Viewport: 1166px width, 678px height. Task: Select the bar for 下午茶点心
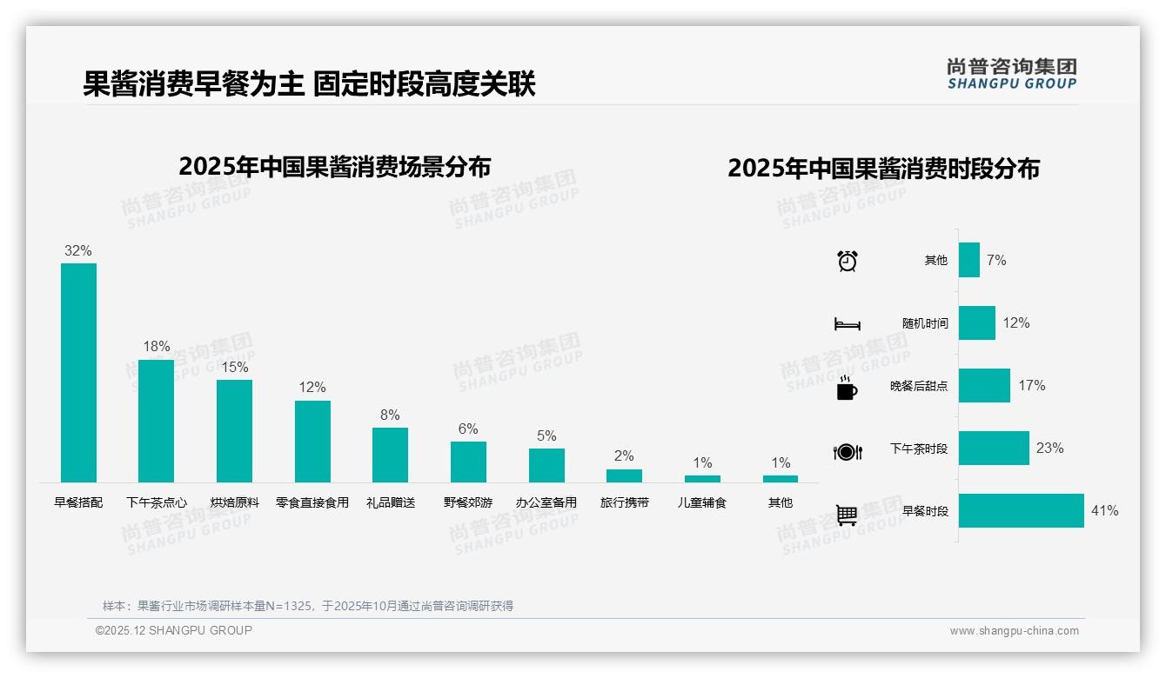pos(157,421)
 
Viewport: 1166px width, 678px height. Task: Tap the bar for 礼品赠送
pos(390,455)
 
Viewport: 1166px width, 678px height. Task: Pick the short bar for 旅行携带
pos(624,475)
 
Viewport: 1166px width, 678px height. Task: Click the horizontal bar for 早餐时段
pos(1022,511)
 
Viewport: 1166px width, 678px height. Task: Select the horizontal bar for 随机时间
pos(977,322)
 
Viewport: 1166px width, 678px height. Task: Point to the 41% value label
pos(1104,511)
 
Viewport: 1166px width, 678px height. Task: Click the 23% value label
pos(1049,449)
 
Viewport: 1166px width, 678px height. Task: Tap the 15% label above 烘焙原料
pos(234,367)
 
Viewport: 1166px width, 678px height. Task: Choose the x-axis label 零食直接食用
pos(312,502)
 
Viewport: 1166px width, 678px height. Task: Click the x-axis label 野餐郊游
pos(468,502)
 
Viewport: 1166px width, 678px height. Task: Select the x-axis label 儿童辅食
pos(702,502)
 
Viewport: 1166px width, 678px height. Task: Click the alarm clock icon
pos(848,261)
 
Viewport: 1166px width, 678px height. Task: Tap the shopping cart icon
pos(847,515)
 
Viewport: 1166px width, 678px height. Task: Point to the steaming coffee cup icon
pos(847,388)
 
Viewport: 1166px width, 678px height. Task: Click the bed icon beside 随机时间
pos(847,324)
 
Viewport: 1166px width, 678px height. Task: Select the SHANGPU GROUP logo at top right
pos(1012,74)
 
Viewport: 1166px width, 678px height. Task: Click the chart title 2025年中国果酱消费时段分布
pos(883,169)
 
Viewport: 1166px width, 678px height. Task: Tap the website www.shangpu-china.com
pos(1014,631)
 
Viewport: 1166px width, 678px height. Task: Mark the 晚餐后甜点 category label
pos(918,386)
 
